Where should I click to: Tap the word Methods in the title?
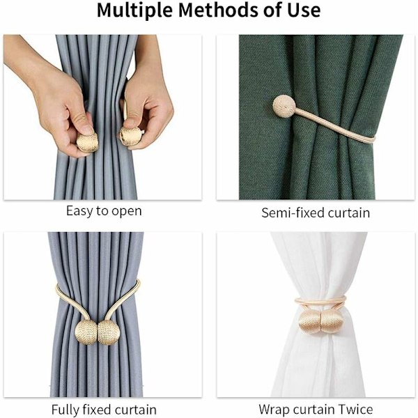pos(219,10)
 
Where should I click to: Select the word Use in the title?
pos(304,10)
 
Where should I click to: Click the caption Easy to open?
pos(104,211)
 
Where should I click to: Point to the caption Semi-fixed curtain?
pos(316,213)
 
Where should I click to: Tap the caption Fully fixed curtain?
pos(104,409)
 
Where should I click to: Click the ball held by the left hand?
pos(88,143)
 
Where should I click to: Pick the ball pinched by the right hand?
pos(130,137)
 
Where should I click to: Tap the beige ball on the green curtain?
pos(284,107)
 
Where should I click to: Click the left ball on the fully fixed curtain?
pos(86,332)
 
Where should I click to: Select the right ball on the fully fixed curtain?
pos(108,332)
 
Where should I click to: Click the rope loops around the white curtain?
pos(320,302)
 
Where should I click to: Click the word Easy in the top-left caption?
pos(79,211)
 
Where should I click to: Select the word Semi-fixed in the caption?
pos(293,213)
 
